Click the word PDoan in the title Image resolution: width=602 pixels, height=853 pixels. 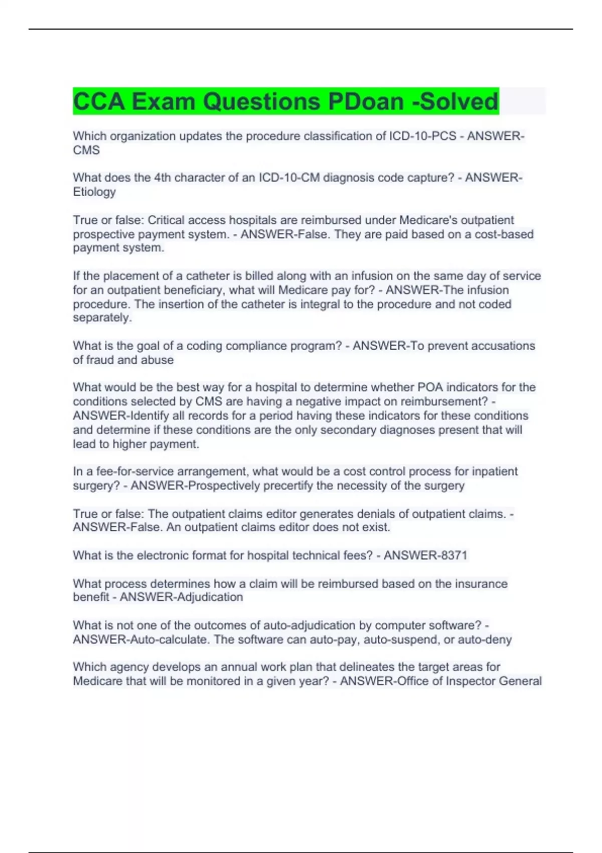tap(366, 101)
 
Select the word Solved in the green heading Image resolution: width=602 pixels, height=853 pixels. tap(459, 101)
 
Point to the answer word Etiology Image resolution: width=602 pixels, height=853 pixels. tap(94, 192)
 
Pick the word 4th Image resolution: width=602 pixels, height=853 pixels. tap(163, 178)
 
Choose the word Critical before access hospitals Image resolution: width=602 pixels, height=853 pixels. tap(167, 220)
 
